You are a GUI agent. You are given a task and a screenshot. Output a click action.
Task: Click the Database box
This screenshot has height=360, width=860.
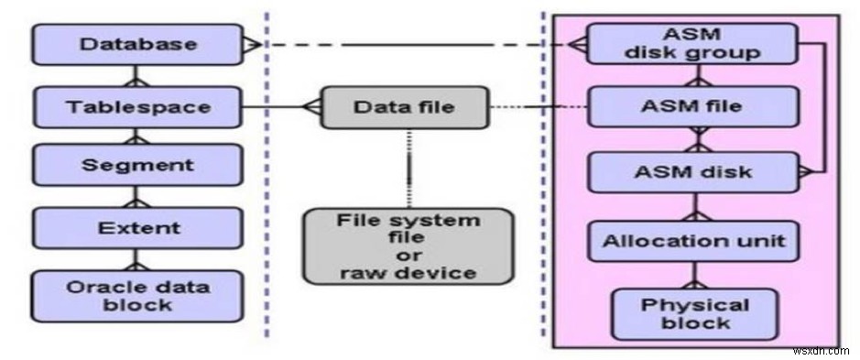[137, 44]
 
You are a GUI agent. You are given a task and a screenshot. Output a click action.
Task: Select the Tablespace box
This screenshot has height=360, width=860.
[137, 107]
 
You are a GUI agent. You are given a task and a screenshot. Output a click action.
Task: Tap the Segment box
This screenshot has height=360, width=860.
[137, 166]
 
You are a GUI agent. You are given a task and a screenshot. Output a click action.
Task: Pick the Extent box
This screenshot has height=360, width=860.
[137, 227]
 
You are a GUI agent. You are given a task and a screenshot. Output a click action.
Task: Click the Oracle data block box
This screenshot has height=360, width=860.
[137, 295]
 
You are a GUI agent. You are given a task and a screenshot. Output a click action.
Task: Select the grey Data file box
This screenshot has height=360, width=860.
[403, 107]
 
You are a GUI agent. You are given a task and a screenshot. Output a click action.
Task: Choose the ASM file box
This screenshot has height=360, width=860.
[691, 107]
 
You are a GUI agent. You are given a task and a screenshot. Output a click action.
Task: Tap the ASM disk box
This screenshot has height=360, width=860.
[691, 171]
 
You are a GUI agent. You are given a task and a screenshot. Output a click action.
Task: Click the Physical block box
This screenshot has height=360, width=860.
[693, 314]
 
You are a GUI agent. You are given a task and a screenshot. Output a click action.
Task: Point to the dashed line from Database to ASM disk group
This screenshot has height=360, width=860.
[412, 44]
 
